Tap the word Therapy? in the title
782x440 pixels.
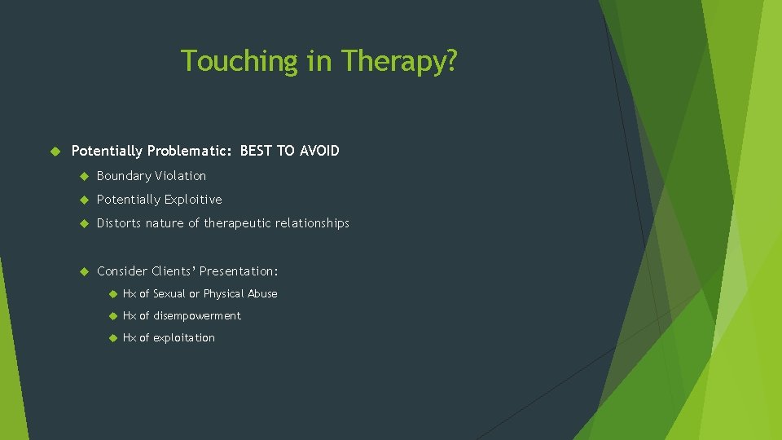coord(399,61)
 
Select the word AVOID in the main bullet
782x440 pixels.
coord(320,151)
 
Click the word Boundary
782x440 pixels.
coord(124,176)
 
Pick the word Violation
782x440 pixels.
coord(181,176)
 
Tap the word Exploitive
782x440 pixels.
coord(193,200)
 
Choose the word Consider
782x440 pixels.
coord(122,271)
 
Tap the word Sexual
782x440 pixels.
coord(169,294)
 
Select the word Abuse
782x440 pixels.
coord(262,294)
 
